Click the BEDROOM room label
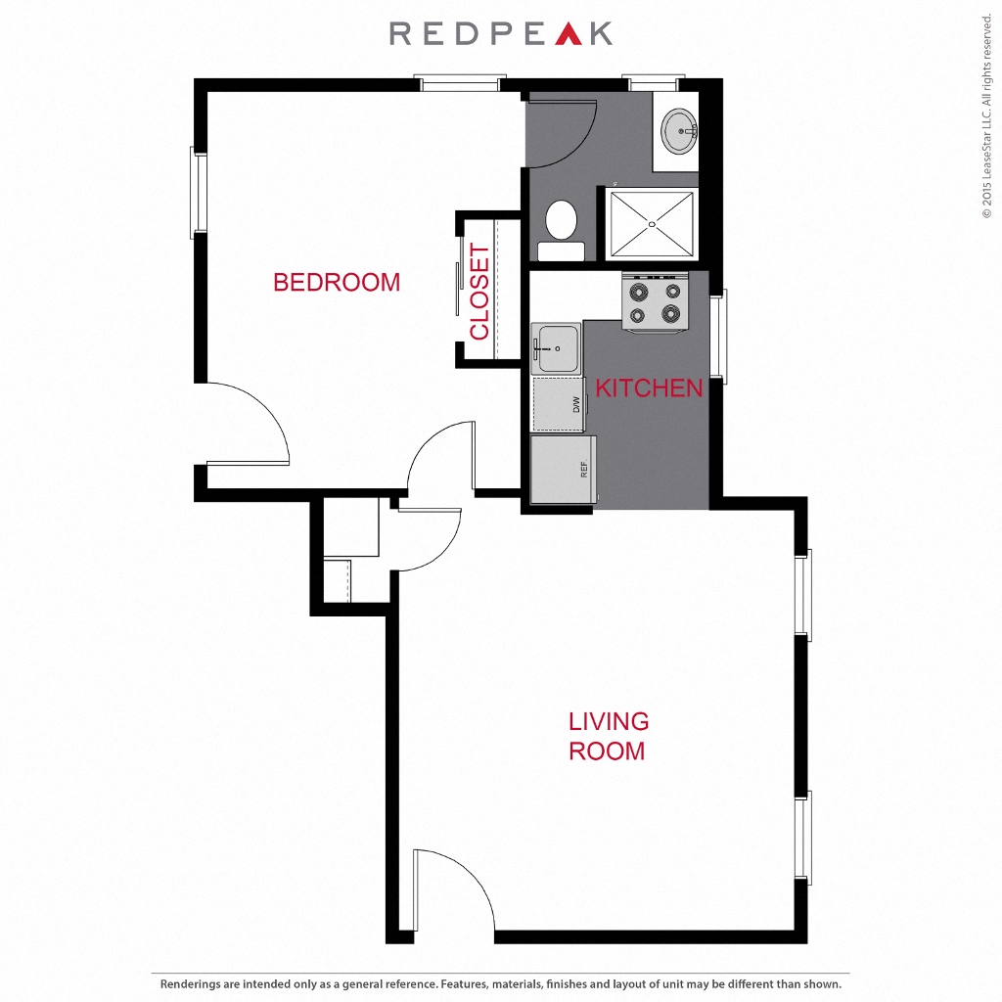(337, 282)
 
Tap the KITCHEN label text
(649, 387)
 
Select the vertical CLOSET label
(479, 292)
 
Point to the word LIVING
(609, 721)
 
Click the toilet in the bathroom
(561, 230)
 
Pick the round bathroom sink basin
(679, 132)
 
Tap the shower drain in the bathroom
(652, 224)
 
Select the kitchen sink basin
(557, 348)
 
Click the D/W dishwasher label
(576, 404)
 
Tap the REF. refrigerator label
(584, 469)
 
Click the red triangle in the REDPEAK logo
(569, 34)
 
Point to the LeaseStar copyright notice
(987, 115)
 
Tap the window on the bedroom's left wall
(198, 193)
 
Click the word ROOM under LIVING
(607, 751)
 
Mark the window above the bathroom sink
(654, 83)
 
